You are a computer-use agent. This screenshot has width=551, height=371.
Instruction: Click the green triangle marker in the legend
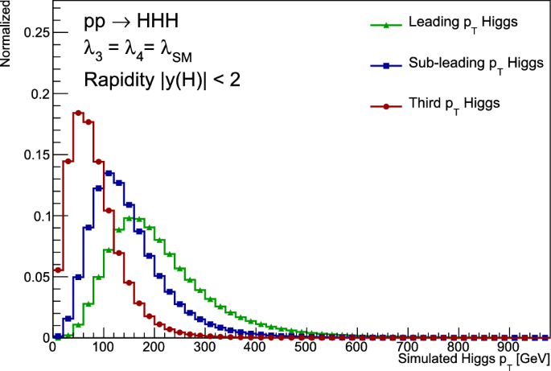pyautogui.click(x=387, y=26)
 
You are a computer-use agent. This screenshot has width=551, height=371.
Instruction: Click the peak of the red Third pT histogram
pyautogui.click(x=78, y=113)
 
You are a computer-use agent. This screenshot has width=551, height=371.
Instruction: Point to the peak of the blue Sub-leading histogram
pyautogui.click(x=109, y=172)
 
